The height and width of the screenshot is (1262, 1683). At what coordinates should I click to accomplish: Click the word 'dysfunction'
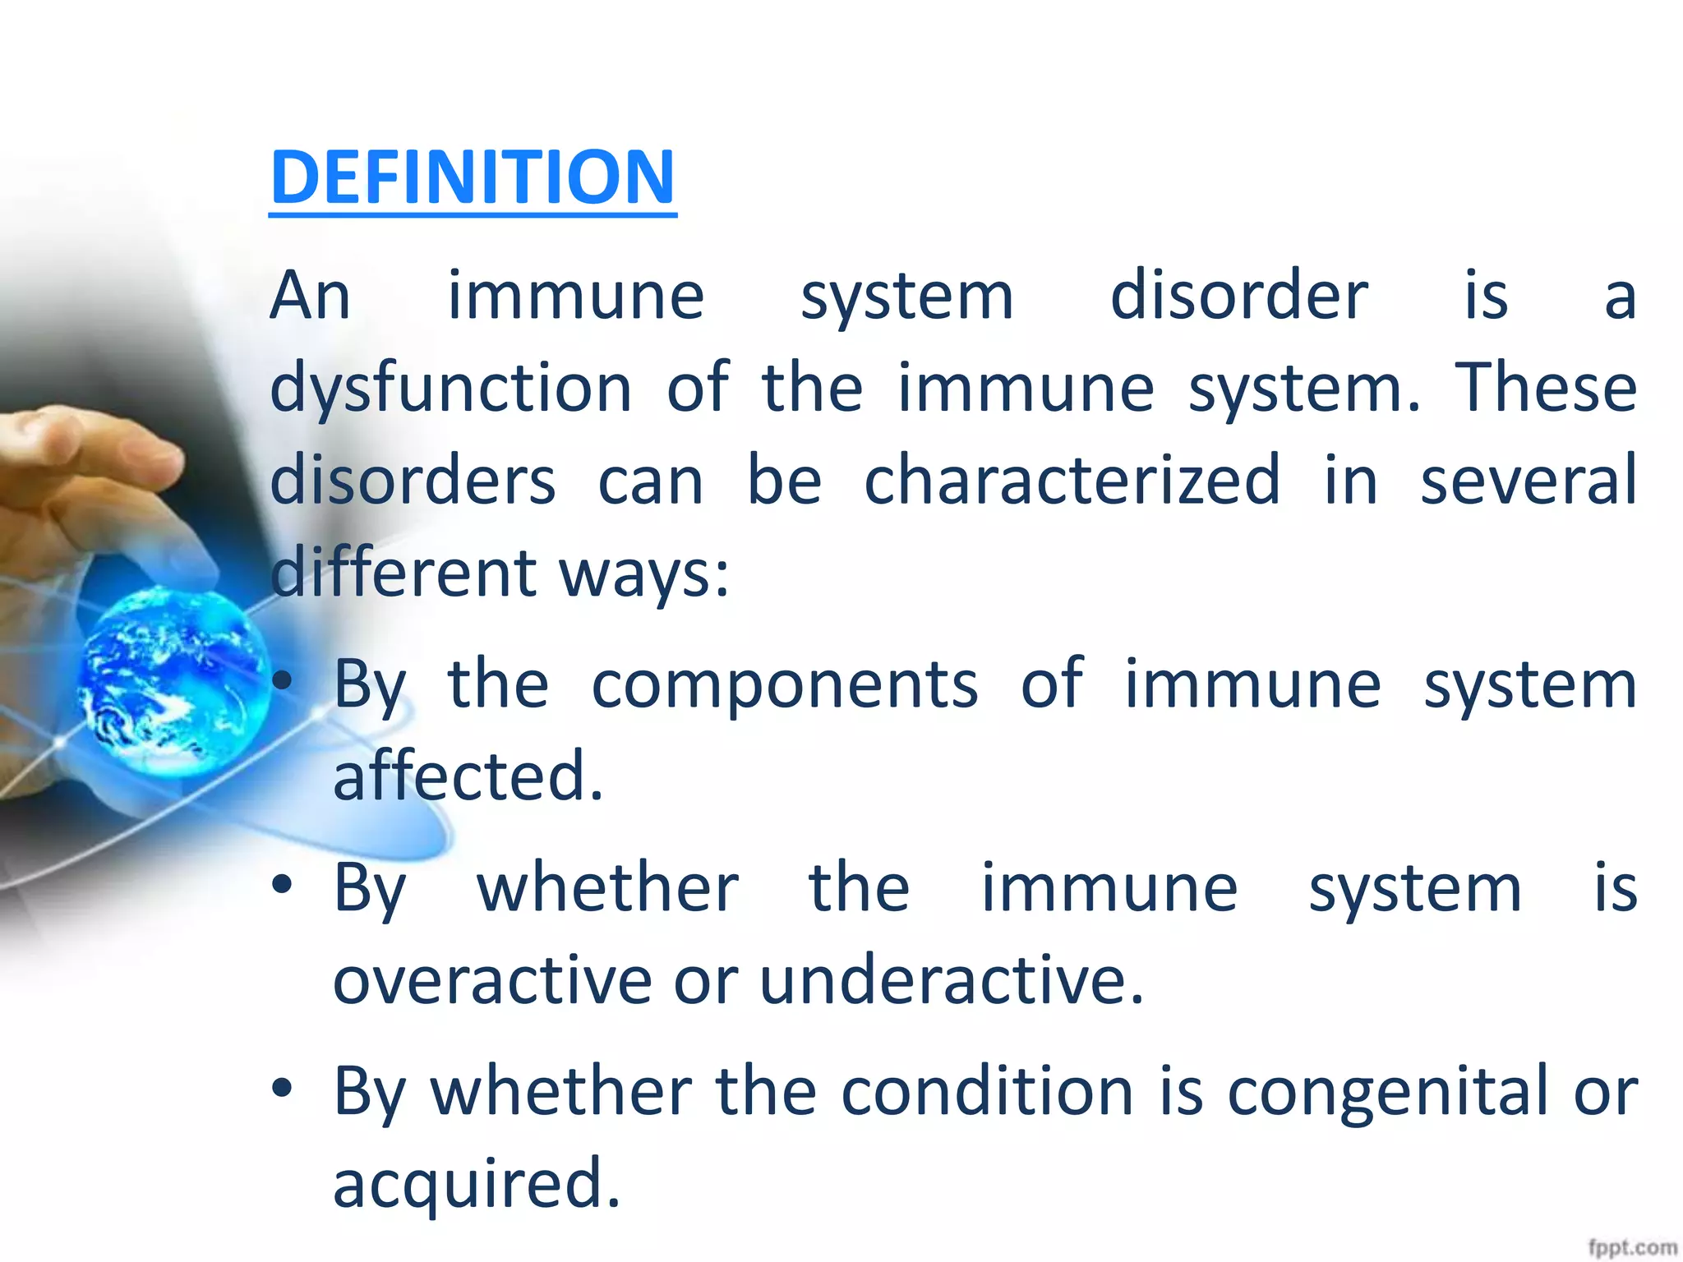click(451, 388)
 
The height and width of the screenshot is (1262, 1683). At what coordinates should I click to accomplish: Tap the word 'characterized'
click(1072, 480)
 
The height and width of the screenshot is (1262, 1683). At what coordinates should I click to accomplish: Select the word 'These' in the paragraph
click(1546, 388)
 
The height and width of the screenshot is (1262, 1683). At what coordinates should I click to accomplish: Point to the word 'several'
click(1528, 480)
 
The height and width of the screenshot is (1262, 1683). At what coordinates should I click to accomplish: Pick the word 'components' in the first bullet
click(785, 684)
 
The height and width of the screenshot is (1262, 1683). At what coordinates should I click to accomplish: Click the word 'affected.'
click(468, 776)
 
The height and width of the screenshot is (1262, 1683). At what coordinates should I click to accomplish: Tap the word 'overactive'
click(491, 980)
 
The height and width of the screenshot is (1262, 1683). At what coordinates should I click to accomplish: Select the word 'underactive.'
click(951, 980)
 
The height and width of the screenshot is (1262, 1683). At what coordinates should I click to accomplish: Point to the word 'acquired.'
click(477, 1184)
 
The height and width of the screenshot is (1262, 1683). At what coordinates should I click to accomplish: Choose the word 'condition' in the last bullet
click(987, 1092)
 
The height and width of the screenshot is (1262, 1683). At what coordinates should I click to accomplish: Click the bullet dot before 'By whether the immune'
click(283, 885)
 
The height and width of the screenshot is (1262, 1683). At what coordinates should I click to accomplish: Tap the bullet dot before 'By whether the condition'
click(283, 1089)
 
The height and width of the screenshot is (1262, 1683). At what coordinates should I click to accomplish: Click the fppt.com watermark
click(1631, 1247)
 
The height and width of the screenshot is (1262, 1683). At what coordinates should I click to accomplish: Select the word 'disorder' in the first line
click(1238, 296)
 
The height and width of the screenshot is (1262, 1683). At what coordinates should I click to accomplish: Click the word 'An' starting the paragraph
click(311, 296)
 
